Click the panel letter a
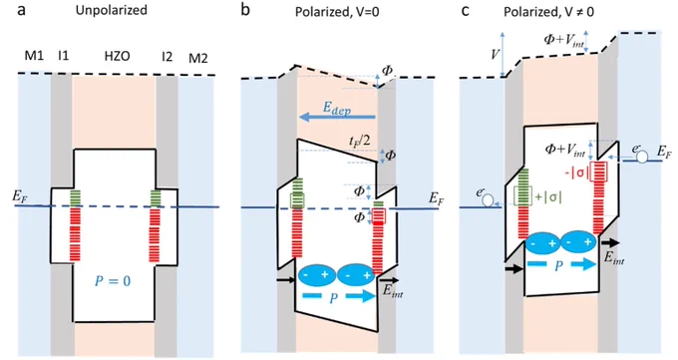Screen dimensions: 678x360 click(21, 10)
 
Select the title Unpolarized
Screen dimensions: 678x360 click(112, 10)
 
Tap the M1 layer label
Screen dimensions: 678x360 click(34, 56)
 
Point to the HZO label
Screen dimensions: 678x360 click(118, 56)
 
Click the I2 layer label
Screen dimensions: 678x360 click(167, 56)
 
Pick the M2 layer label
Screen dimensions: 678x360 click(198, 58)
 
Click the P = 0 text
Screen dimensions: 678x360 click(113, 281)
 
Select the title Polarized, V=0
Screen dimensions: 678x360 click(337, 12)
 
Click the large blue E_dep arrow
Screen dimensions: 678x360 click(337, 117)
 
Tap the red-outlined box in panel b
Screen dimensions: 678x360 click(379, 215)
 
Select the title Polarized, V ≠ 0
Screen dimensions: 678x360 click(548, 12)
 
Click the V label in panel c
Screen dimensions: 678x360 click(496, 55)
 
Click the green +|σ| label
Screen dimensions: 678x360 click(548, 196)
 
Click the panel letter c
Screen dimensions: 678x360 click(466, 10)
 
